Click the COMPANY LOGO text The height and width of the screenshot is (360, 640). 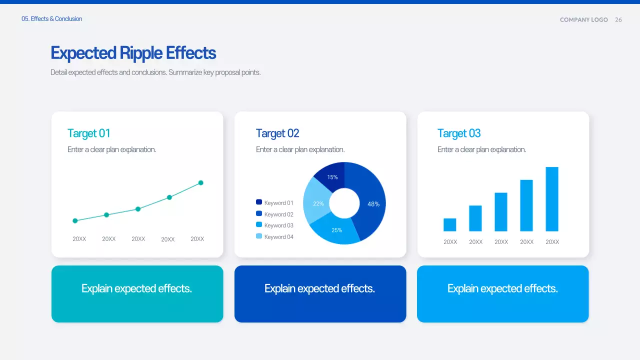click(x=583, y=20)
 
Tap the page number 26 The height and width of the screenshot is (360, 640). click(x=618, y=20)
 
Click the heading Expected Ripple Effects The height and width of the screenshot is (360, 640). click(x=133, y=53)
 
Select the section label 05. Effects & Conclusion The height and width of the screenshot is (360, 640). click(x=51, y=19)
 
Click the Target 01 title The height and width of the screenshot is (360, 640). click(x=88, y=133)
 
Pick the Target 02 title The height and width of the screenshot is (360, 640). click(x=277, y=133)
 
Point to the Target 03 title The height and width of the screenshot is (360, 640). click(x=459, y=133)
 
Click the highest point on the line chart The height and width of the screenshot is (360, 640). click(x=201, y=183)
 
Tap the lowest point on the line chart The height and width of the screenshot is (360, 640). click(x=75, y=220)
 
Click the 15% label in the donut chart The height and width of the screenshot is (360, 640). click(x=332, y=177)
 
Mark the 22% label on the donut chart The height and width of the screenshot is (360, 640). click(x=318, y=203)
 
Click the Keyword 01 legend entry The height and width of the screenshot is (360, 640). click(x=274, y=203)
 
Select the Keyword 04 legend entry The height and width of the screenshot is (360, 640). click(x=274, y=237)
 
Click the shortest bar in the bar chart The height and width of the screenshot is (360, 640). click(x=450, y=225)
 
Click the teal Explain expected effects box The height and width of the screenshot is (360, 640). click(x=137, y=294)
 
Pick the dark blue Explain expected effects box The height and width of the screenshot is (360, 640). click(x=320, y=294)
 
